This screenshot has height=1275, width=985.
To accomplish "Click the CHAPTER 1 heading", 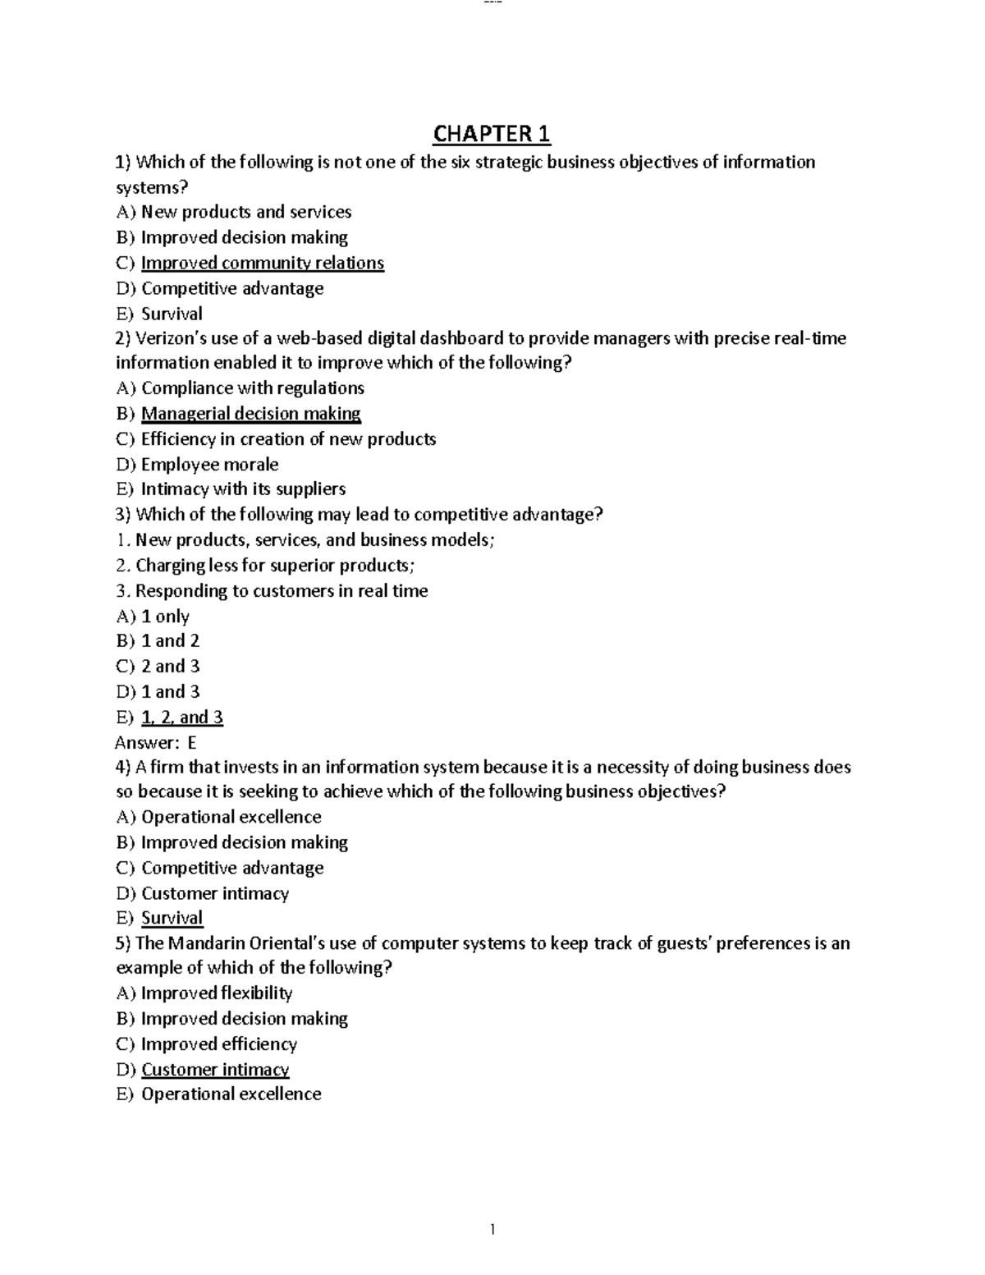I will tap(492, 133).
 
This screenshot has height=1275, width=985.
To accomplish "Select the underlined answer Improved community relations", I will tap(262, 263).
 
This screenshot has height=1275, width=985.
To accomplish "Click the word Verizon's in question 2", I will tap(170, 338).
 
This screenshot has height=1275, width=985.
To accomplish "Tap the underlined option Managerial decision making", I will tap(250, 414).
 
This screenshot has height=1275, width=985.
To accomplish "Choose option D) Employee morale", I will tap(209, 465).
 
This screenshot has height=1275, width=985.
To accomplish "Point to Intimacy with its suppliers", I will tap(243, 489).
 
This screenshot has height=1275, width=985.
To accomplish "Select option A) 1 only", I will tap(164, 617).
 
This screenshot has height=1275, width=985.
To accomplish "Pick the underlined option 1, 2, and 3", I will tap(181, 718).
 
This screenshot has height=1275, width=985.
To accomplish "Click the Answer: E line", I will tap(156, 743).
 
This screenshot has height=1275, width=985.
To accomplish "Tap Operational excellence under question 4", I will tap(231, 818).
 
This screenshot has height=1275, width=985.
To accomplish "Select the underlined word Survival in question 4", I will tap(172, 919).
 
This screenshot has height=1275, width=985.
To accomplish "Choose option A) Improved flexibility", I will tap(216, 993).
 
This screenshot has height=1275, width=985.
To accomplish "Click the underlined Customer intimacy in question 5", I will tap(215, 1070).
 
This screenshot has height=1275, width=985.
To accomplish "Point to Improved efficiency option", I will tap(218, 1044).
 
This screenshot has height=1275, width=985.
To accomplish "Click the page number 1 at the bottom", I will tap(492, 1229).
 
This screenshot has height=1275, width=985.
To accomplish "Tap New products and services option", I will tap(245, 212).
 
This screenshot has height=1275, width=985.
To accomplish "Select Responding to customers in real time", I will tap(281, 591).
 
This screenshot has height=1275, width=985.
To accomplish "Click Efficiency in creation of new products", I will tap(288, 439).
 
